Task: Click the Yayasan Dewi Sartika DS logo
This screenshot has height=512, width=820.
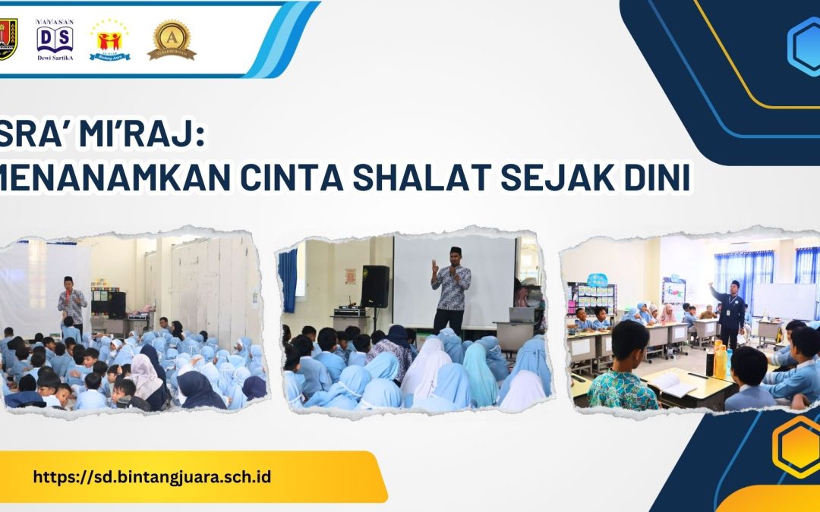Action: [55, 39]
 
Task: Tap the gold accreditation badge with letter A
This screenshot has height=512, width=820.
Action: [171, 39]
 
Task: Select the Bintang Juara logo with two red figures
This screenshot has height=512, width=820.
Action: [110, 39]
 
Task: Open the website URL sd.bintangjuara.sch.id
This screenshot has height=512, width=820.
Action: [152, 477]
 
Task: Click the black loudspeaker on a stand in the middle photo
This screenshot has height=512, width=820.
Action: [375, 286]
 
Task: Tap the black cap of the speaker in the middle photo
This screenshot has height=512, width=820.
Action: [455, 250]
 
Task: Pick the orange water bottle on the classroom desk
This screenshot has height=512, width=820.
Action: [721, 362]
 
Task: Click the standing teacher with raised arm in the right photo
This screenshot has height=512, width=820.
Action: [730, 311]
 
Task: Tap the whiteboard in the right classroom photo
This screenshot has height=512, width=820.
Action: [782, 300]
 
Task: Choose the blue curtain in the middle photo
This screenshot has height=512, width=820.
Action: [288, 281]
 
